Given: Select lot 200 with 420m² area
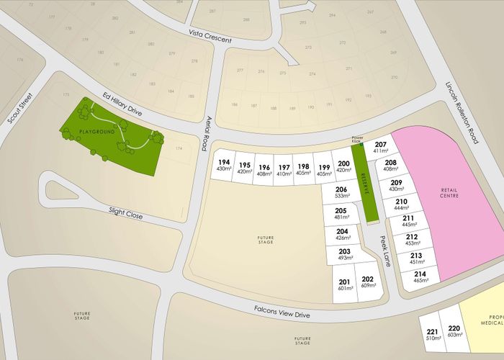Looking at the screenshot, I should pyautogui.click(x=343, y=167).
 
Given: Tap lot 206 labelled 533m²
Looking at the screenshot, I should pyautogui.click(x=341, y=192).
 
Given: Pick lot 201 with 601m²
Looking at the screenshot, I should pyautogui.click(x=344, y=284).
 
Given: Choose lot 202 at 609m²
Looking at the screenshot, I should pyautogui.click(x=367, y=282).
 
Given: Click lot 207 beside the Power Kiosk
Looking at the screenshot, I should pyautogui.click(x=381, y=148).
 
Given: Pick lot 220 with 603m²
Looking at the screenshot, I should pyautogui.click(x=454, y=331).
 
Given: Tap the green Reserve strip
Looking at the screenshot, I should pyautogui.click(x=366, y=186).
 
